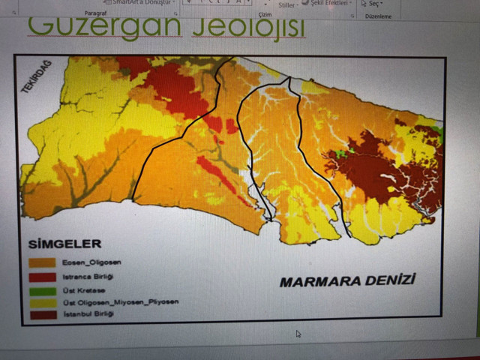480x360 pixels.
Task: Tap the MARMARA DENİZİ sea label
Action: pyautogui.click(x=346, y=282)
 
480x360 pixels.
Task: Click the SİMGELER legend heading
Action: pyautogui.click(x=64, y=244)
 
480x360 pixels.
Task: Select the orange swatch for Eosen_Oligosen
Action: pyautogui.click(x=41, y=263)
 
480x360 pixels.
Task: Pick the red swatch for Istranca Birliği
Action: pyautogui.click(x=41, y=276)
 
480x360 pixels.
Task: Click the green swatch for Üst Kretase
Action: pyautogui.click(x=41, y=289)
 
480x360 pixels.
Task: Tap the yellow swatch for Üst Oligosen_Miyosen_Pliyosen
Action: pyautogui.click(x=41, y=301)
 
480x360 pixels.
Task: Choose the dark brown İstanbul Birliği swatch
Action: pyautogui.click(x=41, y=314)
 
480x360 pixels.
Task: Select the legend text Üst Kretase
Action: pyautogui.click(x=79, y=289)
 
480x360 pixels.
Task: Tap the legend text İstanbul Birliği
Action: pyautogui.click(x=86, y=314)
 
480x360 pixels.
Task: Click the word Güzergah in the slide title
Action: pyautogui.click(x=104, y=27)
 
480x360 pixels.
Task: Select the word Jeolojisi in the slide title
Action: pyautogui.click(x=248, y=27)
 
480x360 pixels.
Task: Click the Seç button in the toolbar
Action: pyautogui.click(x=372, y=4)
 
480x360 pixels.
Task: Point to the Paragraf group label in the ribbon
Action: pyautogui.click(x=95, y=13)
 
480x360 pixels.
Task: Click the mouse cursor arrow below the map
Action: pyautogui.click(x=298, y=334)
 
